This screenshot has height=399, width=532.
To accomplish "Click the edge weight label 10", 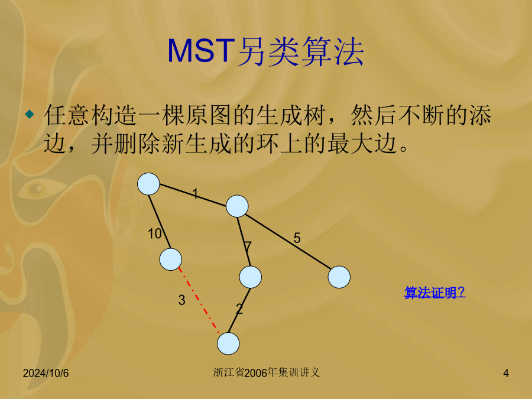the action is pyautogui.click(x=155, y=233).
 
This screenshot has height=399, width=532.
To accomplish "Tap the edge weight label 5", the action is pyautogui.click(x=297, y=238).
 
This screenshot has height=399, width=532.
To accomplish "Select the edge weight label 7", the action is pyautogui.click(x=248, y=246).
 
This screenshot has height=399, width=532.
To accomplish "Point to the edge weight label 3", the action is pyautogui.click(x=182, y=300).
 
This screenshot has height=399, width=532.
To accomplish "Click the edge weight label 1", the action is pyautogui.click(x=195, y=194).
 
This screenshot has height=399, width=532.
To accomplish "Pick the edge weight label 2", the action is pyautogui.click(x=239, y=309).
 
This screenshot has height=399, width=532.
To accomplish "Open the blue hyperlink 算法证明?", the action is pyautogui.click(x=434, y=293).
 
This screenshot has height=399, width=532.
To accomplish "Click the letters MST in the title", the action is pyautogui.click(x=201, y=51).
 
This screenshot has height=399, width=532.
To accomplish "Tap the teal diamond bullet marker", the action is pyautogui.click(x=30, y=114).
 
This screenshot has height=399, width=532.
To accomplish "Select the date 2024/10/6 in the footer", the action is pyautogui.click(x=46, y=373).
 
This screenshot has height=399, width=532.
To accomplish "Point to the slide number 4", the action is pyautogui.click(x=506, y=373).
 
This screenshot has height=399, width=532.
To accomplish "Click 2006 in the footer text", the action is pyautogui.click(x=255, y=373).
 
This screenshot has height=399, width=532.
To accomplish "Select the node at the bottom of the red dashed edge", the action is pyautogui.click(x=228, y=343).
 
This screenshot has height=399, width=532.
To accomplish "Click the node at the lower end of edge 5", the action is pyautogui.click(x=339, y=277).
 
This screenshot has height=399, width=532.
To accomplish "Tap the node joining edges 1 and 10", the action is pyautogui.click(x=148, y=184).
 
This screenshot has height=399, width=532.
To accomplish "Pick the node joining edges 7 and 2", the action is pyautogui.click(x=251, y=277).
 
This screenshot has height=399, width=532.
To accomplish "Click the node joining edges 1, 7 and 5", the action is pyautogui.click(x=237, y=206).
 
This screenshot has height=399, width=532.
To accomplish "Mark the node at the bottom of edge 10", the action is pyautogui.click(x=171, y=259).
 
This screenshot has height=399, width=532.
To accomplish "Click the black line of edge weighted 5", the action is pyautogui.click(x=288, y=242).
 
